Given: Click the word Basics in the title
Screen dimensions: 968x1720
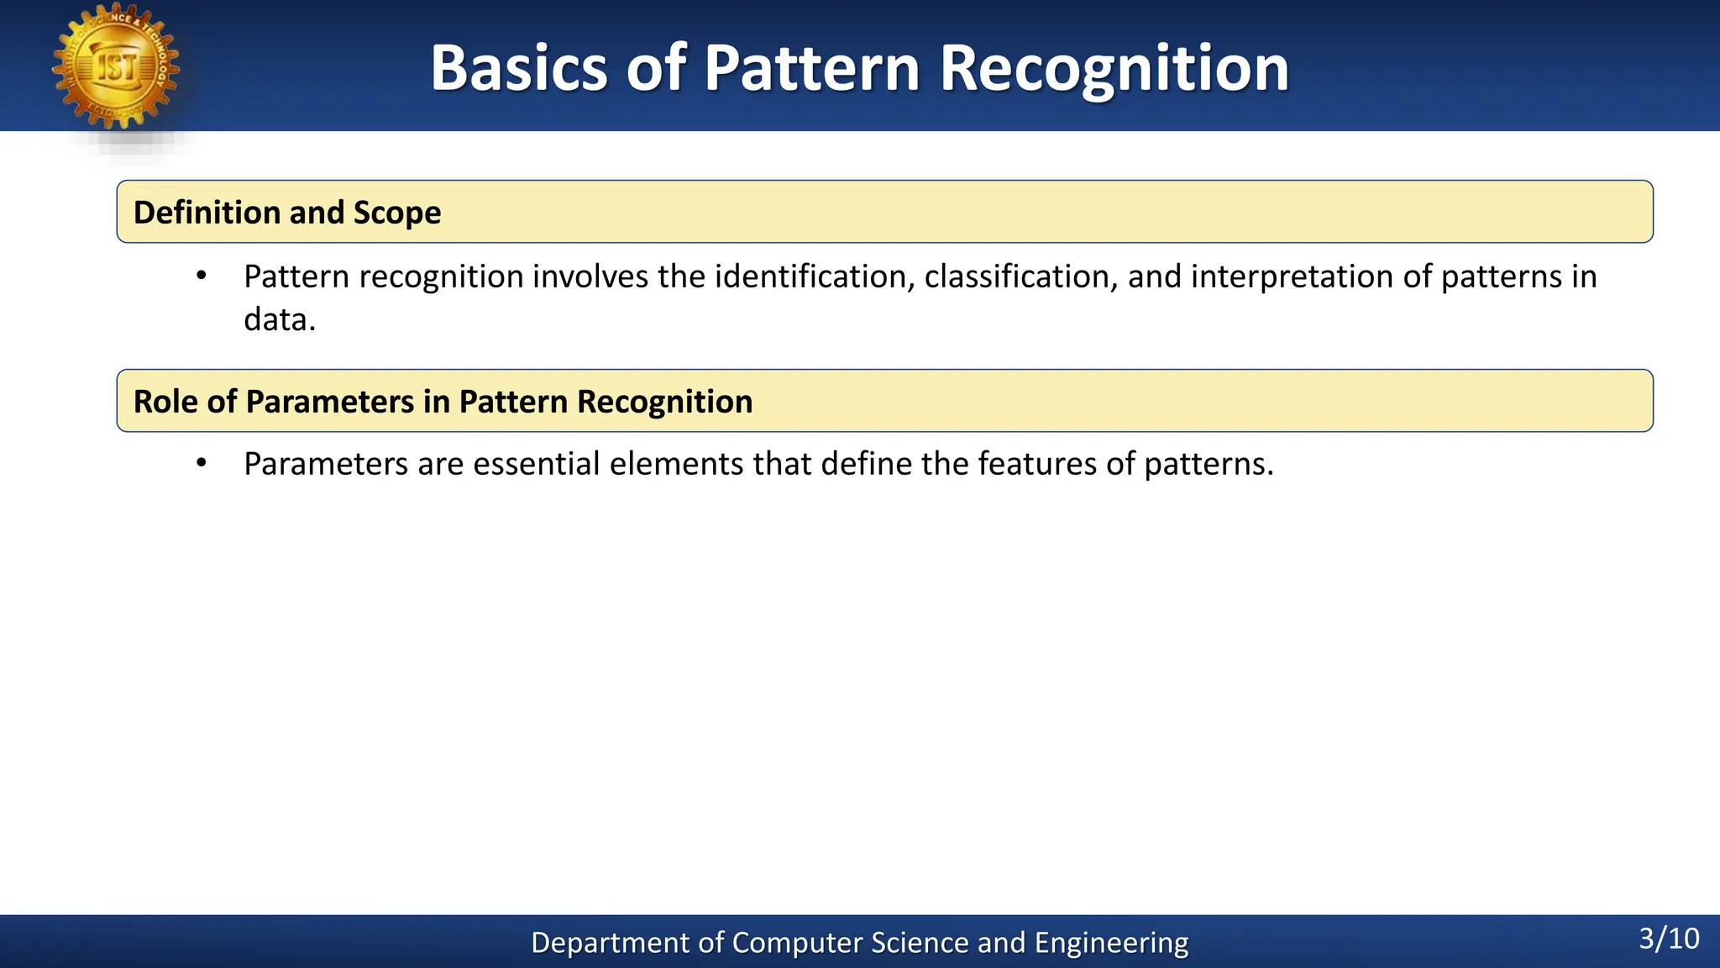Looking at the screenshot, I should click(518, 68).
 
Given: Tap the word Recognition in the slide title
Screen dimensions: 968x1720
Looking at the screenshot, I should click(1114, 68).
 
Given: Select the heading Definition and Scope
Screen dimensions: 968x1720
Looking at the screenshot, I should click(287, 213).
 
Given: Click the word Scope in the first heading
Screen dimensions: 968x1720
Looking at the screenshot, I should click(396, 213).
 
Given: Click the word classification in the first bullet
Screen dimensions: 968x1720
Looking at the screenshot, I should click(1021, 276).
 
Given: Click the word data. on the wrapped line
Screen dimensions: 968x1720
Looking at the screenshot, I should click(280, 320).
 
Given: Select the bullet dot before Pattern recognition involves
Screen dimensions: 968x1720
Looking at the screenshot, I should click(201, 276).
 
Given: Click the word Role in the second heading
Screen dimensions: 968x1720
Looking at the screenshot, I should click(165, 402).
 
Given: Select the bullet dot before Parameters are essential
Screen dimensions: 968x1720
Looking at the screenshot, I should click(201, 464).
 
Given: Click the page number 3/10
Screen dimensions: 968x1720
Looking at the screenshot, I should click(1669, 939).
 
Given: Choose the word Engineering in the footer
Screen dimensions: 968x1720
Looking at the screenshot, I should click(1111, 943).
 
